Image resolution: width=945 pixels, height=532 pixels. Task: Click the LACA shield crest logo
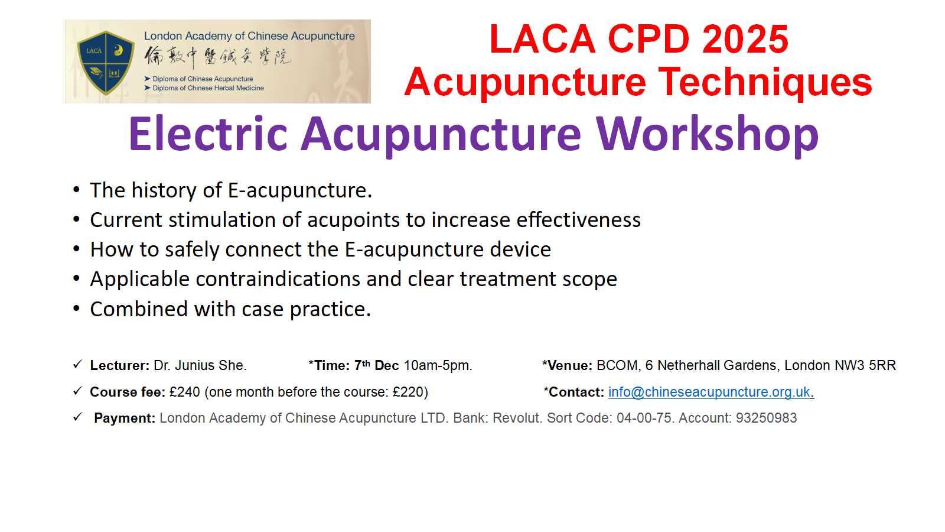[106, 63]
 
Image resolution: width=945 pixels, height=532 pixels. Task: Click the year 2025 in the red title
[745, 39]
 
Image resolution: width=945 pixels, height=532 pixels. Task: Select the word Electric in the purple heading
[208, 134]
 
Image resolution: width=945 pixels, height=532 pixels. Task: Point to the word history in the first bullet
[164, 190]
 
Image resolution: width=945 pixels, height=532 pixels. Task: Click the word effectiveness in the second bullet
[578, 219]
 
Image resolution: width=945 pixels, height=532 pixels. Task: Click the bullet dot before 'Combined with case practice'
[76, 309]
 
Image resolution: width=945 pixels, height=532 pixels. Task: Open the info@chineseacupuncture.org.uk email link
[709, 392]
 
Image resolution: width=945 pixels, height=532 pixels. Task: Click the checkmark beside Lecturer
[77, 364]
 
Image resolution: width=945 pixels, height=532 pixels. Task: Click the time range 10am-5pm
[438, 366]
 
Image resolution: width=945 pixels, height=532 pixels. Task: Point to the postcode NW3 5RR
[865, 365]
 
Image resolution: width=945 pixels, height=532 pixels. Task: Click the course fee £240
[185, 392]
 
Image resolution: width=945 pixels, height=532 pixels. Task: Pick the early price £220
[408, 392]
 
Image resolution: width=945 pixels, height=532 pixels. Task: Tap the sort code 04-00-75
[644, 418]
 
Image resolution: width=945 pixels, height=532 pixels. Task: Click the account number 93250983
[766, 418]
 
